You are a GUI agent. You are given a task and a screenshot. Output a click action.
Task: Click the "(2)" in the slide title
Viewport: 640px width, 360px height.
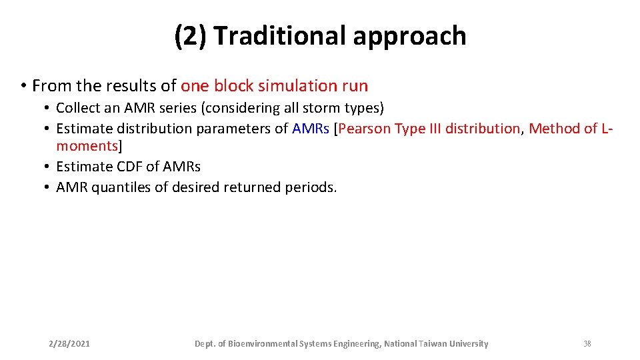point(191,36)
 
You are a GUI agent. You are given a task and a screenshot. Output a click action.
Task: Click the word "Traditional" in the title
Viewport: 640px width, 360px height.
point(279,36)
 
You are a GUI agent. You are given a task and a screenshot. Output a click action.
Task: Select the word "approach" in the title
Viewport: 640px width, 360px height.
point(409,36)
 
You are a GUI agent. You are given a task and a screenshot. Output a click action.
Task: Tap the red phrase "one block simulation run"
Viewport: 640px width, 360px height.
point(274,86)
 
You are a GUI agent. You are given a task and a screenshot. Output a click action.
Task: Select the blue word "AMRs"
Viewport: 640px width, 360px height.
point(310,129)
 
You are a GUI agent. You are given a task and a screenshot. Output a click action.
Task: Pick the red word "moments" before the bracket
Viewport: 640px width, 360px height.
point(87,145)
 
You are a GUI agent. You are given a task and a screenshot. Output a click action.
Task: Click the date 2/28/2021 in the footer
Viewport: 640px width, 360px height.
point(69,344)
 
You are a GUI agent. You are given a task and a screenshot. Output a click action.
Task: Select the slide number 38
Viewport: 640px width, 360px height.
point(587,344)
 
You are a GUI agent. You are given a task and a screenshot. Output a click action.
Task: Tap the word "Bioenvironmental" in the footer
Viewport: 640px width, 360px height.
point(259,344)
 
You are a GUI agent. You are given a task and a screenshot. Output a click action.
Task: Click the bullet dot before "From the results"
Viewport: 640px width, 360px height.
point(23,87)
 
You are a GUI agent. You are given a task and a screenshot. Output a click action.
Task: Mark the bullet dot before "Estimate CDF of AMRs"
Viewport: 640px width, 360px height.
point(48,167)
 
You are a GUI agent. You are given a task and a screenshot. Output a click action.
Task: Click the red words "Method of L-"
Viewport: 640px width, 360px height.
point(569,129)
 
